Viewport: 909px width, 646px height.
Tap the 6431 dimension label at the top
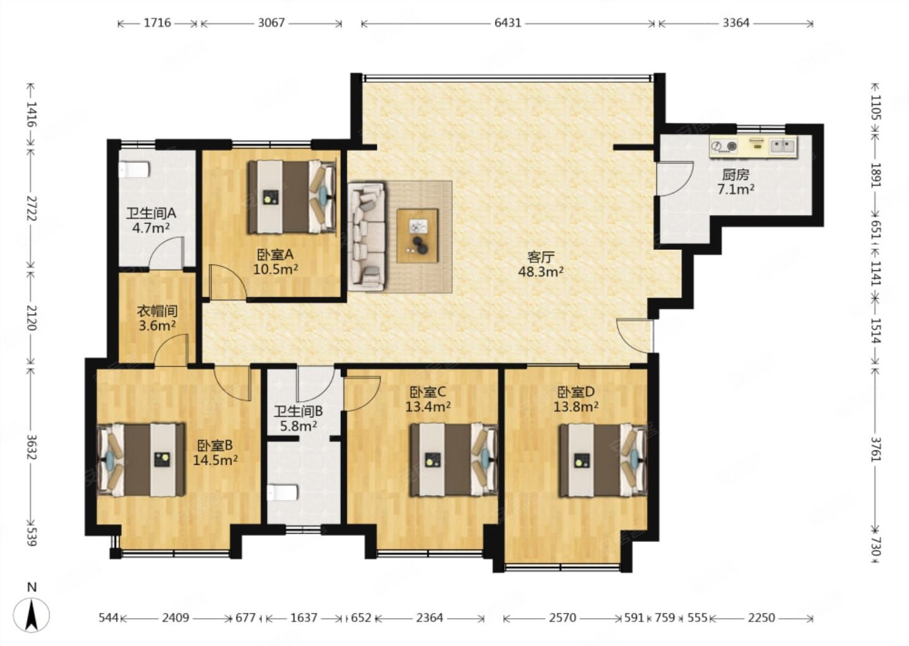(x=508, y=23)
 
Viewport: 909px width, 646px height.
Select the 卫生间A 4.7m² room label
(x=150, y=220)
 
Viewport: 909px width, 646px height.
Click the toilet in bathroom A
(x=134, y=170)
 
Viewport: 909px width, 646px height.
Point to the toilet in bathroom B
(x=282, y=492)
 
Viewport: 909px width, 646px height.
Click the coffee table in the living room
(x=418, y=235)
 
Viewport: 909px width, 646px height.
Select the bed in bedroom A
(x=293, y=197)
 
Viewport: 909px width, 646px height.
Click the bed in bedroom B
(x=141, y=459)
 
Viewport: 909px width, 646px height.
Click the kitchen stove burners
(x=725, y=146)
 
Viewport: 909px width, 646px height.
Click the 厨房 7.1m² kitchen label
(x=736, y=182)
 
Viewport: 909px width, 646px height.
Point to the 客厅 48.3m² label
(x=540, y=264)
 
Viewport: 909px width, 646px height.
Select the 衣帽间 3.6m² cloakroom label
(x=157, y=318)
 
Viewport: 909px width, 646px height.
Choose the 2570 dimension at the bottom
(x=562, y=618)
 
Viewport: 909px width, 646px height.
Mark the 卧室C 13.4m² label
(x=428, y=399)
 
